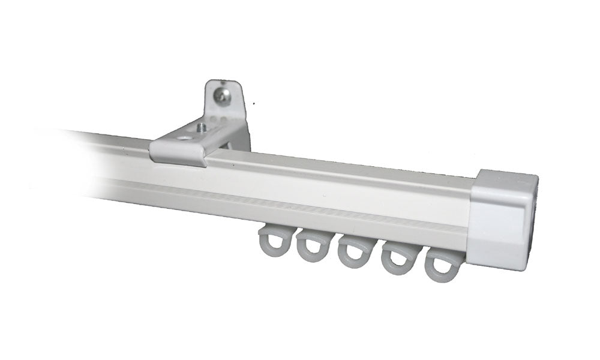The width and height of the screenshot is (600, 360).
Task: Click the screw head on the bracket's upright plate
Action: pyautogui.click(x=223, y=96)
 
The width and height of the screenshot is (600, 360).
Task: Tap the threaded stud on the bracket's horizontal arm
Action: pyautogui.click(x=202, y=127)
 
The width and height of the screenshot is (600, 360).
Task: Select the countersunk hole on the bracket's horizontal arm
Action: pyautogui.click(x=183, y=138)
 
